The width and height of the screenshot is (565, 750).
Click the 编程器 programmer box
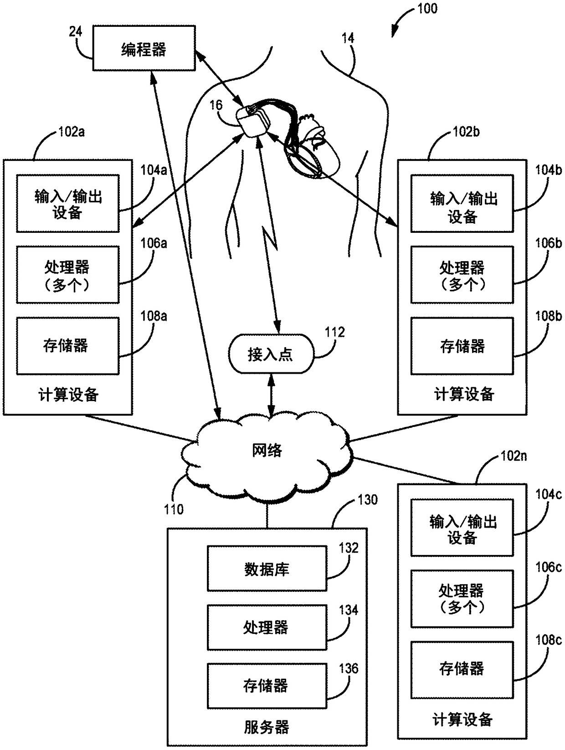coord(144,48)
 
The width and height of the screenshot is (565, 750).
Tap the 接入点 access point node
coord(271,354)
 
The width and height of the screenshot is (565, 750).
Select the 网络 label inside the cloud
coord(267,450)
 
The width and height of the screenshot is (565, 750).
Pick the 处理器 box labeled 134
coord(267,627)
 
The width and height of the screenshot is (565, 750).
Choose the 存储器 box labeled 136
coord(267,686)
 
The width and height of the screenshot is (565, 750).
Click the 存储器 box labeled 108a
coord(67,346)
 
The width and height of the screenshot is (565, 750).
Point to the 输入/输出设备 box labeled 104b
coord(462,204)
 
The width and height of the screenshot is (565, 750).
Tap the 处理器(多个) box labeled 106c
coord(462,599)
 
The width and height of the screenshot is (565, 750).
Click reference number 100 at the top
coord(427,9)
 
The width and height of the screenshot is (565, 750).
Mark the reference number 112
coord(335,332)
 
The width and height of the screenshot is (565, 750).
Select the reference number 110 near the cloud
coord(174,509)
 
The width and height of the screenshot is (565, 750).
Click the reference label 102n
coord(514,456)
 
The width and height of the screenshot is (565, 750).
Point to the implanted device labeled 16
coord(253,122)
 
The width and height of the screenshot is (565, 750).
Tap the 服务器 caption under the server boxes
coord(267,727)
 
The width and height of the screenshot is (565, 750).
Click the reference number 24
coord(76,31)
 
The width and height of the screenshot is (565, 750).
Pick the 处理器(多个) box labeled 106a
coord(67,274)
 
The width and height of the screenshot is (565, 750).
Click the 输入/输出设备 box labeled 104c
coord(462,527)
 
